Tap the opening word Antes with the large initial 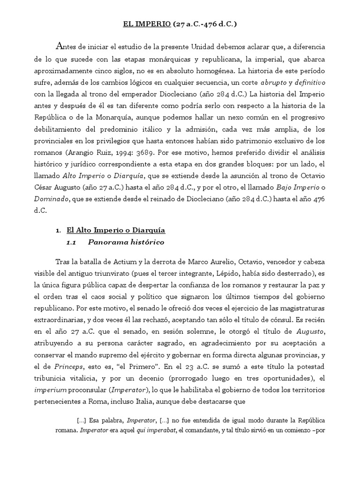coord(70,47)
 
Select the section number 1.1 coord(71,243)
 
